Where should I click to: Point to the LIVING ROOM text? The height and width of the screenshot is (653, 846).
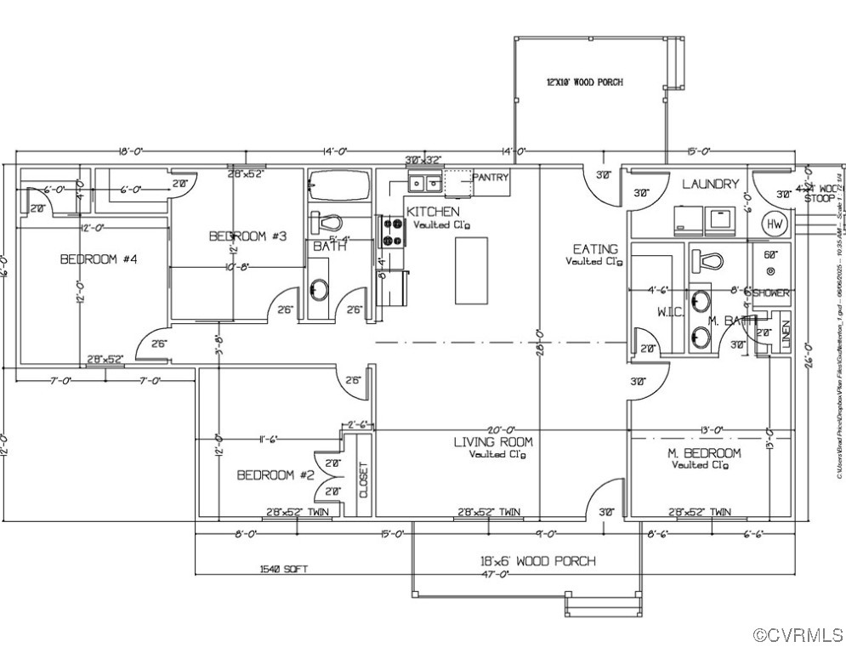pyautogui.click(x=493, y=441)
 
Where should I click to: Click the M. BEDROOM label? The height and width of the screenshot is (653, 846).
pyautogui.click(x=704, y=453)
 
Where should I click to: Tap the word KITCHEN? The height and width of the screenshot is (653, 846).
pyautogui.click(x=433, y=212)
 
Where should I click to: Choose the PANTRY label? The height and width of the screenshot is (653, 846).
pyautogui.click(x=491, y=178)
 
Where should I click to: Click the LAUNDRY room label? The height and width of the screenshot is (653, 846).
pyautogui.click(x=711, y=184)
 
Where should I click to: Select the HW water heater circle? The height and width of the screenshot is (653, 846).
pyautogui.click(x=775, y=224)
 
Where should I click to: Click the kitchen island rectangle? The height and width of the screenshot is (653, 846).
pyautogui.click(x=471, y=270)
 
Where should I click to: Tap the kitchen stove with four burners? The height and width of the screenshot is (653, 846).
pyautogui.click(x=392, y=232)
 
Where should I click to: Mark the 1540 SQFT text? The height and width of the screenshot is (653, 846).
pyautogui.click(x=285, y=570)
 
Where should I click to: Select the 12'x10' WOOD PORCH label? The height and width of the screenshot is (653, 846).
pyautogui.click(x=584, y=82)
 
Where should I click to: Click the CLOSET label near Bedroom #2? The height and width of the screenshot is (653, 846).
pyautogui.click(x=364, y=481)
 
